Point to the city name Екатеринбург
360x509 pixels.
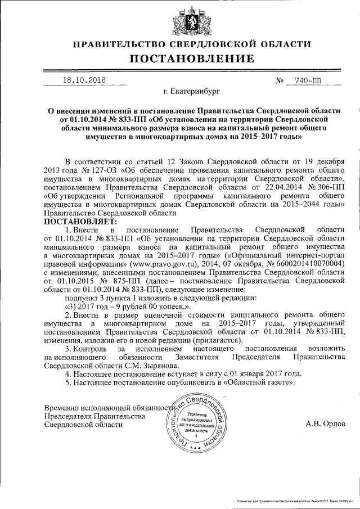pyautogui.click(x=191, y=91)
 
